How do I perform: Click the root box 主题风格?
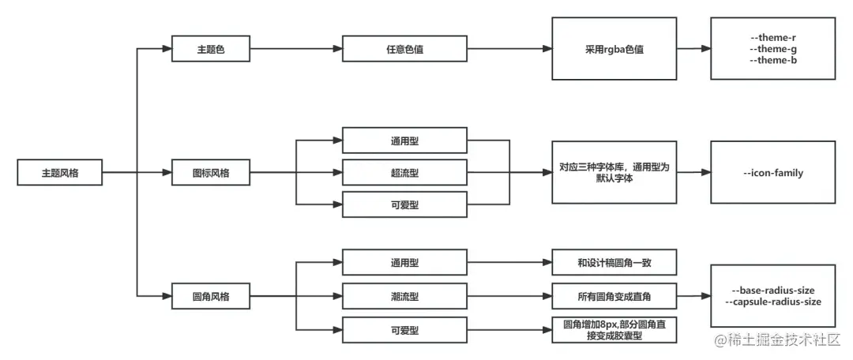click(x=60, y=172)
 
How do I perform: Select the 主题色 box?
click(x=211, y=49)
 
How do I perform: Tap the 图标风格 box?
click(x=211, y=172)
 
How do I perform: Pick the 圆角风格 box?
click(x=211, y=296)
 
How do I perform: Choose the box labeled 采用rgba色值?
click(x=614, y=49)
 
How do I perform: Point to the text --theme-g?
click(x=773, y=49)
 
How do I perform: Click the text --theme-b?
click(x=773, y=60)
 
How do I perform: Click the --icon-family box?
click(x=772, y=172)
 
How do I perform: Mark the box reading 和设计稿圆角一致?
click(x=614, y=263)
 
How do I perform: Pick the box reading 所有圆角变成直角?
click(x=614, y=296)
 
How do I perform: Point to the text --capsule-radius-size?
click(x=772, y=302)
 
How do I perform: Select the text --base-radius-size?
click(x=772, y=291)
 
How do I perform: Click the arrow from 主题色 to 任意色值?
click(x=296, y=49)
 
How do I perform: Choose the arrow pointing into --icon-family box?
click(x=693, y=172)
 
